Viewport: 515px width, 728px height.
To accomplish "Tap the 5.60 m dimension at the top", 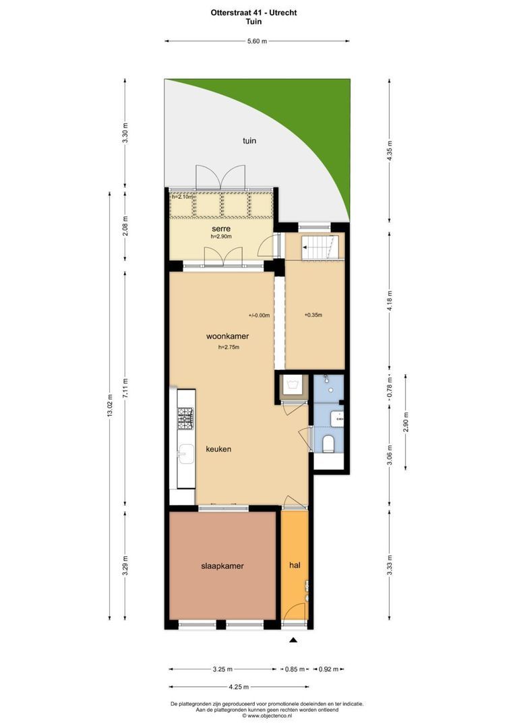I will [257, 41].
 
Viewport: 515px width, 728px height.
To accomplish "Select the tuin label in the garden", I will [249, 141].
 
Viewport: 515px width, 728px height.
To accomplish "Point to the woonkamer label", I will [228, 336].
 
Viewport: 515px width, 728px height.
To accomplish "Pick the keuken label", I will [218, 449].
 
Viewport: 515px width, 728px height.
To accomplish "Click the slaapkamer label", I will [222, 566].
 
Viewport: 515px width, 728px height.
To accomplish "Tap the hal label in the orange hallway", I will [295, 565].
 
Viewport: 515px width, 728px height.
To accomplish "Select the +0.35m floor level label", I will [313, 315].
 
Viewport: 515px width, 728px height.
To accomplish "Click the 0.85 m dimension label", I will [292, 669].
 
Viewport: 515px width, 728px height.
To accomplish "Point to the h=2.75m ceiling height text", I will [229, 347].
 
